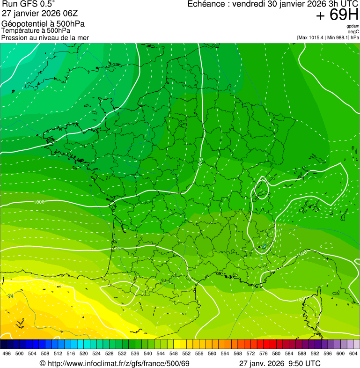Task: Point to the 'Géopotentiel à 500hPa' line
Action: (x=44, y=24)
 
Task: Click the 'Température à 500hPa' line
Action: (x=36, y=30)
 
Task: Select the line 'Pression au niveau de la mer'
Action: (x=45, y=37)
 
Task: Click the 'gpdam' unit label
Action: (x=353, y=26)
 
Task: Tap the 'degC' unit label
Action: (x=353, y=32)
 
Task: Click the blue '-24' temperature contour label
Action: (x=10, y=296)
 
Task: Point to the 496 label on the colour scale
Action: (x=7, y=353)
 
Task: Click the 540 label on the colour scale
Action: (x=148, y=353)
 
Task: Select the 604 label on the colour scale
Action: (x=353, y=353)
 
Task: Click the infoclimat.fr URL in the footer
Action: (x=119, y=363)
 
